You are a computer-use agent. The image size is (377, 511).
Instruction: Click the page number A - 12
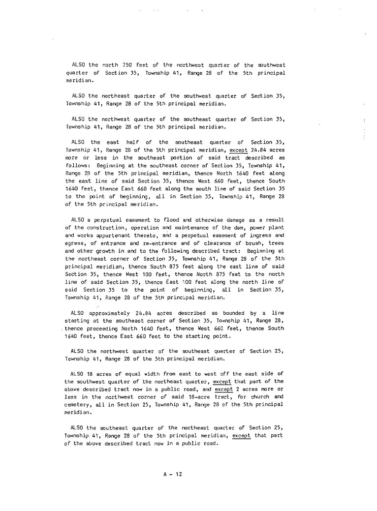[172, 474]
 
